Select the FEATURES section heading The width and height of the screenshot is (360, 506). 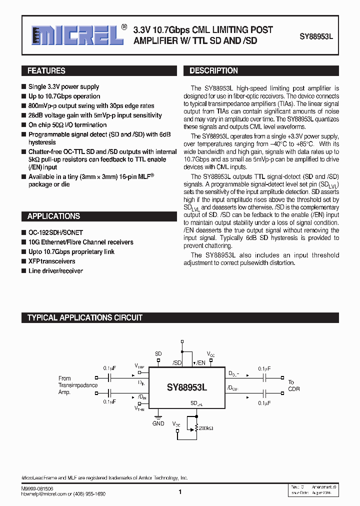click(46, 71)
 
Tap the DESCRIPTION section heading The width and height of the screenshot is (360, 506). click(213, 71)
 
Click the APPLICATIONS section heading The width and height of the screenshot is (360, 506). click(53, 216)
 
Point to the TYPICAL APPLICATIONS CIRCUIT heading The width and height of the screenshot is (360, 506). click(85, 317)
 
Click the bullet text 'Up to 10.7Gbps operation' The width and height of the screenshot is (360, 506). click(64, 96)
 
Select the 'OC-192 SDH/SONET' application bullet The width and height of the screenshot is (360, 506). click(55, 233)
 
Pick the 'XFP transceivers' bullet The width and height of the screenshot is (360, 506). click(52, 261)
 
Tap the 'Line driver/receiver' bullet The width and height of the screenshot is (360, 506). click(55, 271)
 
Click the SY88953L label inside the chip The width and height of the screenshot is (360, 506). click(187, 387)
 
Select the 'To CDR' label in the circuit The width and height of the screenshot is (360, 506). click(294, 385)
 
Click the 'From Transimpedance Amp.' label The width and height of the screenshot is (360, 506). click(78, 385)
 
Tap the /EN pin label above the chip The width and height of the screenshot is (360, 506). click(200, 362)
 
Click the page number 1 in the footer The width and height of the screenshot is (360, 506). click(180, 492)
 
